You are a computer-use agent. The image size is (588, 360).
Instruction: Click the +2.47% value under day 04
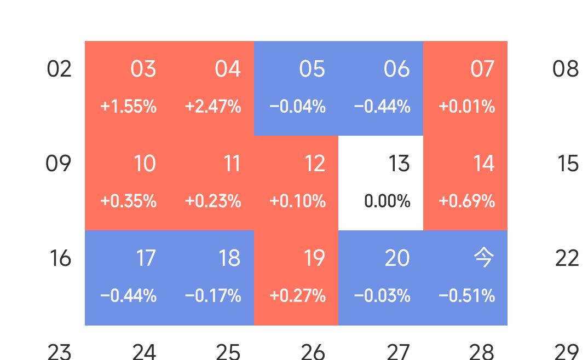pos(213,107)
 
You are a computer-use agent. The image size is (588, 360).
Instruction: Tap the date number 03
pos(143,69)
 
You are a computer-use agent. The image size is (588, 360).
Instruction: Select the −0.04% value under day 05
pos(297,107)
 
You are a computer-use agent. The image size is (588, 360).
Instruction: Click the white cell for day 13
pos(381,183)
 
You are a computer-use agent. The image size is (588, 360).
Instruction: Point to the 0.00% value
pos(387,201)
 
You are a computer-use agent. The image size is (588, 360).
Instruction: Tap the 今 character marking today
pos(483,258)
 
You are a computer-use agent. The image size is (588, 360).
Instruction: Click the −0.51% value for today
pos(466,296)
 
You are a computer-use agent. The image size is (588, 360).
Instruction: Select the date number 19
pos(314,258)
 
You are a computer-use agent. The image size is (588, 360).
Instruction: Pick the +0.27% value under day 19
pos(297,296)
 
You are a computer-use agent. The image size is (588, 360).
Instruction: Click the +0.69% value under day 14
pos(466,201)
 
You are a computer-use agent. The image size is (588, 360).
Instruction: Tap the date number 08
pos(566,69)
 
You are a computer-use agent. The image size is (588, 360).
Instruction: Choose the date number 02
pos(59,69)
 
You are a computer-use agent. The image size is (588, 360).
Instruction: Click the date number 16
pos(60,258)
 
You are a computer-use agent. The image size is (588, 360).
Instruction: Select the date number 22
pos(567,258)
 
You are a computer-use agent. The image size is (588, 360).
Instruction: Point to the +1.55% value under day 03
pos(129,107)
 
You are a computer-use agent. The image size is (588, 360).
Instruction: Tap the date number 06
pos(397,69)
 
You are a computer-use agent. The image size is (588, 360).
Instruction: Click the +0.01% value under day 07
pos(466,107)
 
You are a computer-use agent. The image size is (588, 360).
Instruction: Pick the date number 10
pos(145,164)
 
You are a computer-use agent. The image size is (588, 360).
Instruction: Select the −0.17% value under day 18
pos(213,296)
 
